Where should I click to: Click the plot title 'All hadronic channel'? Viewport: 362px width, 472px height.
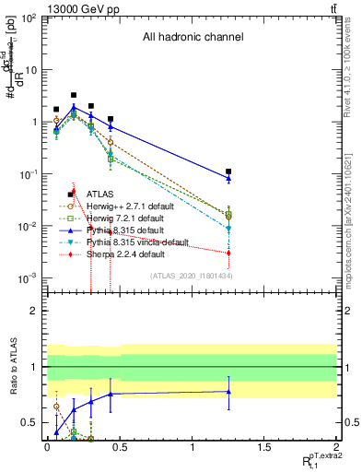pyautogui.click(x=192, y=38)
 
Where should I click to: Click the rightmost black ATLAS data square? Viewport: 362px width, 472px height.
pyautogui.click(x=228, y=171)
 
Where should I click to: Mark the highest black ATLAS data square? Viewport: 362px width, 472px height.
pyautogui.click(x=74, y=95)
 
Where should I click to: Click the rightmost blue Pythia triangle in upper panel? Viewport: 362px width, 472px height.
pyautogui.click(x=228, y=179)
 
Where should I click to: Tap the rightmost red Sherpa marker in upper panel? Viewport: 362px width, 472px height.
pyautogui.click(x=228, y=253)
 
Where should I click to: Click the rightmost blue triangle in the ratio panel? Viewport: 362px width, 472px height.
pyautogui.click(x=228, y=392)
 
